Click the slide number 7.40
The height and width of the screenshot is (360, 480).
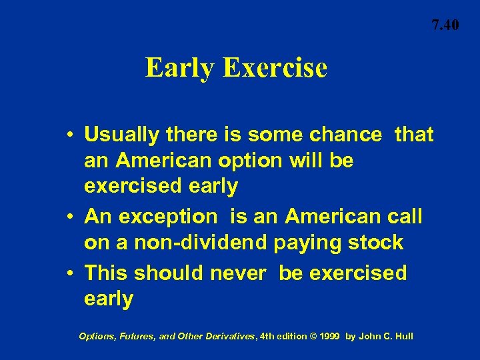[x=445, y=26]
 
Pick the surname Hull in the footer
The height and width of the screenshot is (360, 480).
[x=403, y=336]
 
